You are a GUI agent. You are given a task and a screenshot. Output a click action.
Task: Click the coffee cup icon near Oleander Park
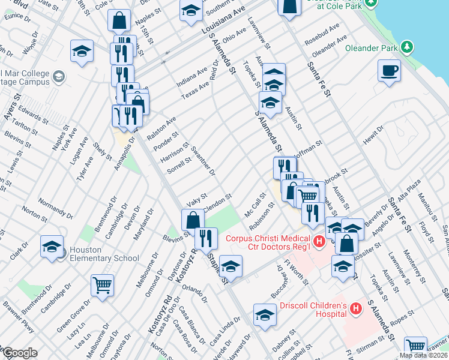click(389, 70)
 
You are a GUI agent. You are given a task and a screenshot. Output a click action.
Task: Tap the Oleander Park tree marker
click(407, 46)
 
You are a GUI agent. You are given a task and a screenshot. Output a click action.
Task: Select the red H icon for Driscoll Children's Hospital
click(356, 310)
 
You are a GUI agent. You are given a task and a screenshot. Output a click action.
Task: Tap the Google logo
click(20, 353)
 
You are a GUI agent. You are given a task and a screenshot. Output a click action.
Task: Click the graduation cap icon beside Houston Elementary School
click(52, 246)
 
